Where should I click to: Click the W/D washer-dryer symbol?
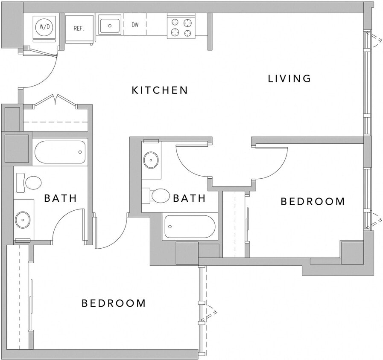pyautogui.click(x=44, y=27)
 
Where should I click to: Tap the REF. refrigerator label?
pyautogui.click(x=79, y=29)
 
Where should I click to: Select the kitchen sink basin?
pyautogui.click(x=111, y=25)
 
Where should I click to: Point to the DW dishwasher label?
pyautogui.click(x=135, y=25)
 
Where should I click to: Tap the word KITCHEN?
pyautogui.click(x=160, y=90)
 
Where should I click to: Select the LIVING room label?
pyautogui.click(x=289, y=78)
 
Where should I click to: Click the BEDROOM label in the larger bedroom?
pyautogui.click(x=114, y=303)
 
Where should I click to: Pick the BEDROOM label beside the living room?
pyautogui.click(x=313, y=201)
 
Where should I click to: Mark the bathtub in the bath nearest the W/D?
pyautogui.click(x=60, y=152)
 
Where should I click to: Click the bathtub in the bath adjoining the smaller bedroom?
pyautogui.click(x=190, y=226)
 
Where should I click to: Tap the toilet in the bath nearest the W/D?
pyautogui.click(x=29, y=183)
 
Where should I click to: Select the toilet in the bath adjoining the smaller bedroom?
pyautogui.click(x=158, y=196)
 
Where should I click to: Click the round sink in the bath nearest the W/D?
pyautogui.click(x=23, y=220)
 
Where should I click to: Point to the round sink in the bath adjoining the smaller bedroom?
pyautogui.click(x=151, y=160)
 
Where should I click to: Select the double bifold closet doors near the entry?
pyautogui.click(x=55, y=101)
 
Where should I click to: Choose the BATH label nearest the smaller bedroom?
pyautogui.click(x=189, y=198)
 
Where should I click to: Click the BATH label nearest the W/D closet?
pyautogui.click(x=61, y=198)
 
